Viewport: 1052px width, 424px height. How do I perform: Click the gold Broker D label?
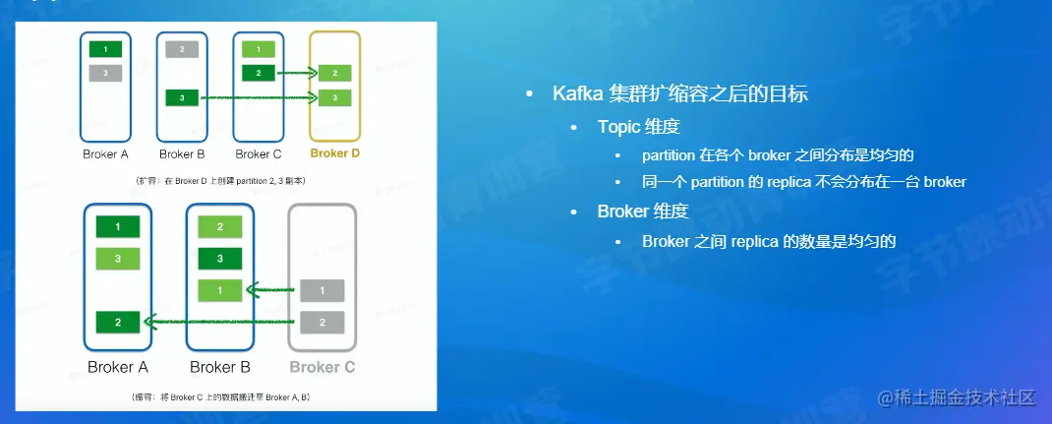click(335, 153)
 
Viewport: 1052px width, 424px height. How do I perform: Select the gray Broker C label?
click(322, 368)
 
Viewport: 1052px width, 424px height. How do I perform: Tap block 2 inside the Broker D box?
click(335, 73)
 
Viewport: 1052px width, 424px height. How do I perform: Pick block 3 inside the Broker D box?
click(335, 98)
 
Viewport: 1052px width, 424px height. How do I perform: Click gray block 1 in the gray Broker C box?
click(322, 290)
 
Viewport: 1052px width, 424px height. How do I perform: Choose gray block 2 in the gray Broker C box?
click(322, 323)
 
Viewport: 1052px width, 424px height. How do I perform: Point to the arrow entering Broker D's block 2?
click(296, 73)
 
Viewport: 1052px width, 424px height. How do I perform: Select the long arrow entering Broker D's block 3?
click(259, 98)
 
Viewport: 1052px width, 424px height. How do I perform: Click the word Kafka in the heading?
click(578, 93)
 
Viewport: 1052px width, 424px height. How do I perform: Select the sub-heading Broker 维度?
click(643, 212)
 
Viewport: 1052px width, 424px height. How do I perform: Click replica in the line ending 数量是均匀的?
click(754, 242)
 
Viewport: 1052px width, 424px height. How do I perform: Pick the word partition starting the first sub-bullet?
click(669, 155)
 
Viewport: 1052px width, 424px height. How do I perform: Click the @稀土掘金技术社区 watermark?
click(956, 397)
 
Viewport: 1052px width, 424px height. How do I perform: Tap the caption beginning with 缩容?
click(220, 397)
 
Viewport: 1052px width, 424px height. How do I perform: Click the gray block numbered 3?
click(105, 73)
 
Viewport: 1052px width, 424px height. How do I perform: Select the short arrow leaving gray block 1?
click(270, 290)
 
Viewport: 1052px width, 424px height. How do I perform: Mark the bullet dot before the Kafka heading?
click(530, 93)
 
